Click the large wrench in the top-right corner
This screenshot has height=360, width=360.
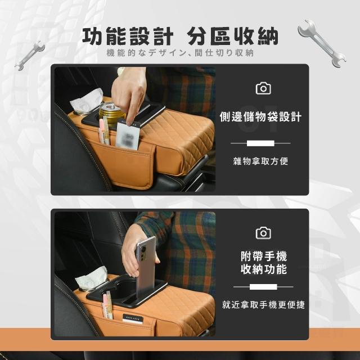[321, 43]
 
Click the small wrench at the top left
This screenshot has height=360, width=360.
[30, 55]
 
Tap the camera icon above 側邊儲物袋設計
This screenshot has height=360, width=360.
[263, 88]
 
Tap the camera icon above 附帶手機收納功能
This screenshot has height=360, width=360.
[263, 233]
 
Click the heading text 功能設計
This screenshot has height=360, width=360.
[128, 36]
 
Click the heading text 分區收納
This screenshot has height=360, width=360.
[232, 36]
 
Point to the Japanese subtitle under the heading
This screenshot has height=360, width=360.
[180, 53]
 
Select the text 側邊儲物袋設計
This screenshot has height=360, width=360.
[260, 116]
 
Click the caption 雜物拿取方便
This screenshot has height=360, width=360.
[260, 161]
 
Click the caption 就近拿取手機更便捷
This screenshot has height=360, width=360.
[263, 305]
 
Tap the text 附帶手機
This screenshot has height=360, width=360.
[264, 256]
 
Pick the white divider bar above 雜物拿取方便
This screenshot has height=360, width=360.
[260, 143]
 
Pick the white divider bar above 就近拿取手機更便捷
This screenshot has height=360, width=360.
[263, 287]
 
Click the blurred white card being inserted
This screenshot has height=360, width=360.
[128, 136]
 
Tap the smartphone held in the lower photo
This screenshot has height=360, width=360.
[146, 266]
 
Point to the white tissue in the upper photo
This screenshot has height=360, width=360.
[87, 101]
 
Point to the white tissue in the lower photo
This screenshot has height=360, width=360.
[91, 278]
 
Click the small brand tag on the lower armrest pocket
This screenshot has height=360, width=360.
[133, 319]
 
